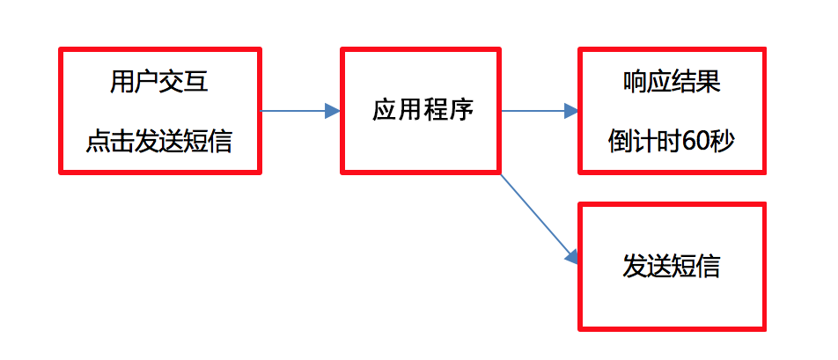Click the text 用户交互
coord(159,84)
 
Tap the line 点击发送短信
coord(159,141)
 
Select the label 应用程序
coord(422,111)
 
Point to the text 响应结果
coord(672,84)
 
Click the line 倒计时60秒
coord(672,141)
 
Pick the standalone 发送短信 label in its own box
coord(672,267)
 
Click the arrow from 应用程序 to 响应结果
coord(537,111)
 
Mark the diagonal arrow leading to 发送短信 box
coord(537,216)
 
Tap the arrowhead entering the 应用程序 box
coord(333,111)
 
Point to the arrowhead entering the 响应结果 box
coord(571,111)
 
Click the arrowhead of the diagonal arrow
coord(571,256)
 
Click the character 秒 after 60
coord(722,141)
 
